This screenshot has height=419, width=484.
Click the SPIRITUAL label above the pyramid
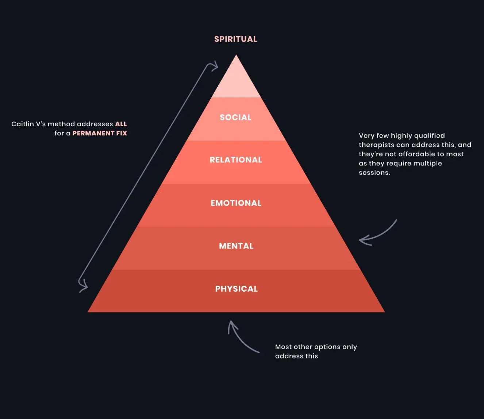(x=235, y=39)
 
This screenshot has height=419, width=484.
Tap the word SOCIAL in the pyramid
(x=235, y=118)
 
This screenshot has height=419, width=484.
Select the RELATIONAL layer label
(x=236, y=160)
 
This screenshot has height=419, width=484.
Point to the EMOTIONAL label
(x=236, y=203)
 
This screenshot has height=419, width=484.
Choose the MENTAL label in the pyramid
(x=236, y=246)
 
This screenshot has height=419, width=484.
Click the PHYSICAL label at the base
(x=236, y=289)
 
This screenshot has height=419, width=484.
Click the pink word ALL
(x=121, y=124)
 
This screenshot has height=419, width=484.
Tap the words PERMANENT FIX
(x=100, y=133)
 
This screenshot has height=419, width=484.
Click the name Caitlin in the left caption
(x=22, y=124)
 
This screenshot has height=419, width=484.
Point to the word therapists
(x=376, y=145)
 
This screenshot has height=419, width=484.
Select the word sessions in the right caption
(x=374, y=173)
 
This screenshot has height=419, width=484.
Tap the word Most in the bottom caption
(x=283, y=347)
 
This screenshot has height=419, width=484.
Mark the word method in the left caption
(x=61, y=124)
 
